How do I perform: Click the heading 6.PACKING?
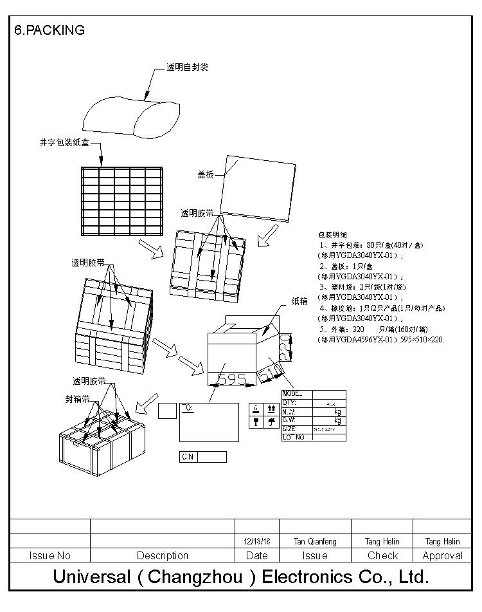click(49, 30)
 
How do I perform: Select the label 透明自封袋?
click(187, 67)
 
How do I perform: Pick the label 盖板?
click(206, 174)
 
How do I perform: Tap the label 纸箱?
click(299, 301)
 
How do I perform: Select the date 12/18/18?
click(257, 542)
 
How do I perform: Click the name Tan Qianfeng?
click(315, 542)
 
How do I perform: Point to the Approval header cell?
click(442, 555)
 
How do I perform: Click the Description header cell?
click(163, 555)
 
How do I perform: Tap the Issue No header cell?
click(50, 555)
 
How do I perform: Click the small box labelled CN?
click(188, 457)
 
